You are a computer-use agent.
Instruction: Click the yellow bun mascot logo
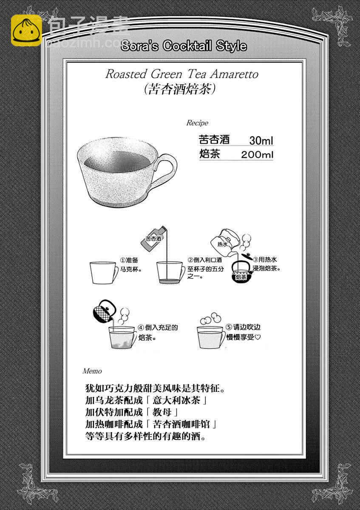26,30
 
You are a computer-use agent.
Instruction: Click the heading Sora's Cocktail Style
184,46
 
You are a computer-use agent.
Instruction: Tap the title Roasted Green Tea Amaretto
182,74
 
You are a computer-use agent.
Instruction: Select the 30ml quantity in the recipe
261,141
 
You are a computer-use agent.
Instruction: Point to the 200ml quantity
257,155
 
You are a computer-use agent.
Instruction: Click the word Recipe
197,123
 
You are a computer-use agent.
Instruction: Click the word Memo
92,371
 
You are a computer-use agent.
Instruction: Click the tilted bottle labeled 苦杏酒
153,239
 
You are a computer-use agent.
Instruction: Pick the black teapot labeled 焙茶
241,272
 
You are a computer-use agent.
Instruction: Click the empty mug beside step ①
104,273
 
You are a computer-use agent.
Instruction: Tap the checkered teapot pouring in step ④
104,311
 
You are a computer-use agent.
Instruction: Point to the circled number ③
256,260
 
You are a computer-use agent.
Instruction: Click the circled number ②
190,260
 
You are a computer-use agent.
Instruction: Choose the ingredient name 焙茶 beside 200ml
210,154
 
